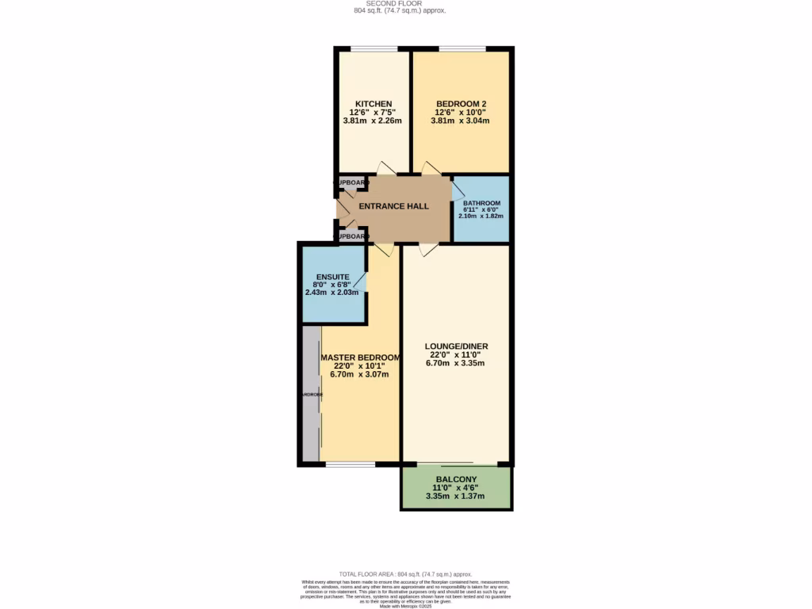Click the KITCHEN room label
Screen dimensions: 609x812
pyautogui.click(x=373, y=104)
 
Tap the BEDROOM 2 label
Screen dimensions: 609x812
pyautogui.click(x=461, y=104)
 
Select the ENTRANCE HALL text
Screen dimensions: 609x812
pyautogui.click(x=394, y=206)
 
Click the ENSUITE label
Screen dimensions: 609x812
pyautogui.click(x=332, y=277)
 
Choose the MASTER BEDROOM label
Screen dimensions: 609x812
pyautogui.click(x=359, y=358)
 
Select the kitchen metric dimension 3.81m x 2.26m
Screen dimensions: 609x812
pyautogui.click(x=373, y=121)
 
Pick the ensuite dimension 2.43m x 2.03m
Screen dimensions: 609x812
pyautogui.click(x=332, y=293)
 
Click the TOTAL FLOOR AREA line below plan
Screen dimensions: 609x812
pyautogui.click(x=405, y=573)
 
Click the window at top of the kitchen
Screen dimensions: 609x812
pyautogui.click(x=374, y=50)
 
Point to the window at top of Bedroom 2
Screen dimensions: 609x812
pyautogui.click(x=463, y=50)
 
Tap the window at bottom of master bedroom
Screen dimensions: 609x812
pyautogui.click(x=350, y=463)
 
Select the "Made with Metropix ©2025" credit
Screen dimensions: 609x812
pyautogui.click(x=405, y=607)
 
